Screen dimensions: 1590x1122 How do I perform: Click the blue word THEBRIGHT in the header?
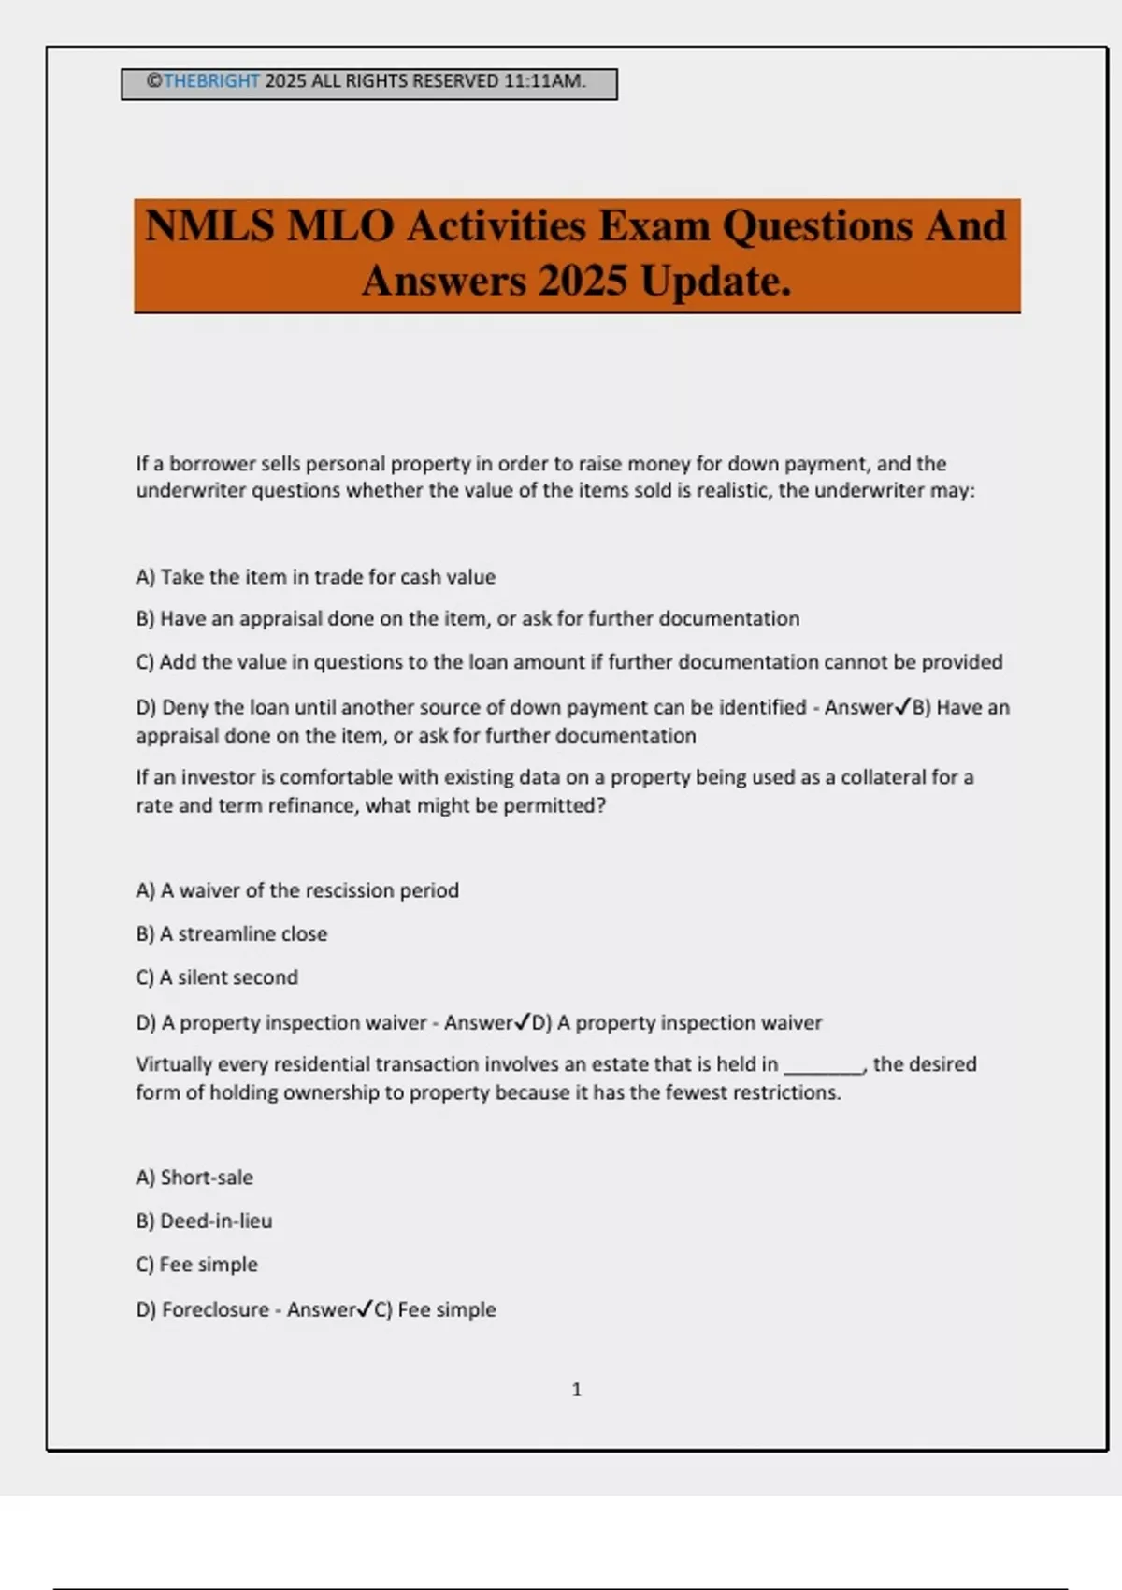pyautogui.click(x=211, y=81)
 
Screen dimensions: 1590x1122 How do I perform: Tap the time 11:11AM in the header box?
pyautogui.click(x=544, y=81)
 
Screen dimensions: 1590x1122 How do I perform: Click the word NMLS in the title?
pyautogui.click(x=209, y=226)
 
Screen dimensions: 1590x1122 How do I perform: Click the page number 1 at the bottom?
pyautogui.click(x=576, y=1390)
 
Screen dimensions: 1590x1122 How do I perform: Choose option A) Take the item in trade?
pyautogui.click(x=315, y=577)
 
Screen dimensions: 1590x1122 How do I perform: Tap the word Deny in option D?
pyautogui.click(x=185, y=707)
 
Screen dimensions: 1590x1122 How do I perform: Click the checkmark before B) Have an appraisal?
pyautogui.click(x=902, y=707)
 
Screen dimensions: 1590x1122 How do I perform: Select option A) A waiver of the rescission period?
pyautogui.click(x=297, y=890)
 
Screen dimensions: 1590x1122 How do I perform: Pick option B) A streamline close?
pyautogui.click(x=232, y=933)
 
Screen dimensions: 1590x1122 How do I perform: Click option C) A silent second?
pyautogui.click(x=217, y=977)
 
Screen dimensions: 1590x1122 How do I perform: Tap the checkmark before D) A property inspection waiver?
pyautogui.click(x=523, y=1022)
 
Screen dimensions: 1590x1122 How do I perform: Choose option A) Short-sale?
pyautogui.click(x=194, y=1178)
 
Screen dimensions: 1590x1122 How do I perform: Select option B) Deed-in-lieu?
pyautogui.click(x=204, y=1221)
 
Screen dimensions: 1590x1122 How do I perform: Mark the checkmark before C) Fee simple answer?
pyautogui.click(x=366, y=1309)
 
